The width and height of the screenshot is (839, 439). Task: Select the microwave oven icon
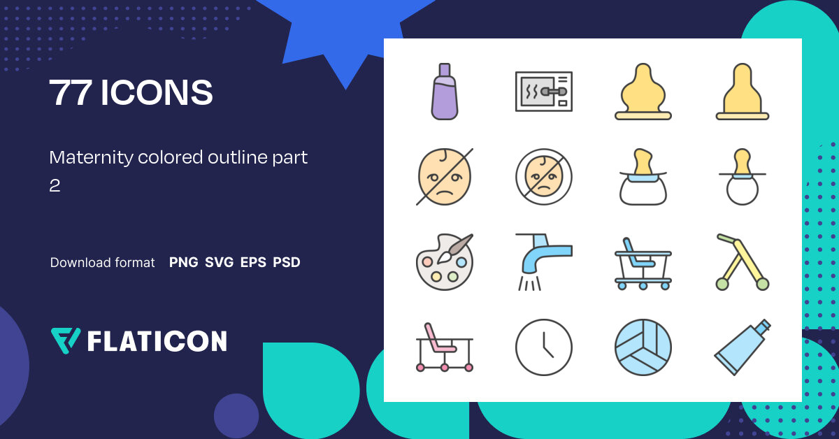[x=543, y=92]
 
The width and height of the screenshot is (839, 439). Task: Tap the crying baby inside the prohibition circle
[x=543, y=177]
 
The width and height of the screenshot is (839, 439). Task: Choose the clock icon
[x=543, y=347]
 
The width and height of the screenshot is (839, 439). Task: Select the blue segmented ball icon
[x=643, y=347]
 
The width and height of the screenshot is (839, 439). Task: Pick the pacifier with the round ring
[x=743, y=178]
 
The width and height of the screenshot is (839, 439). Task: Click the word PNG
[x=183, y=263]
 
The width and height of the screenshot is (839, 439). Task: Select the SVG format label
[x=219, y=263]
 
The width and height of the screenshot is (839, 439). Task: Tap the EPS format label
[x=253, y=263]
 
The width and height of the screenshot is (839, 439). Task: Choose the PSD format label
[x=287, y=263]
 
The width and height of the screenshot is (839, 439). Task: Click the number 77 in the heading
[x=70, y=94]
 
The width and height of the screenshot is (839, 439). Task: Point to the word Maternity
[x=91, y=158]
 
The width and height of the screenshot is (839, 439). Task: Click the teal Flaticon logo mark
[x=66, y=340]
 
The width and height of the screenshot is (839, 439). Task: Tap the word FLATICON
[x=157, y=341]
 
